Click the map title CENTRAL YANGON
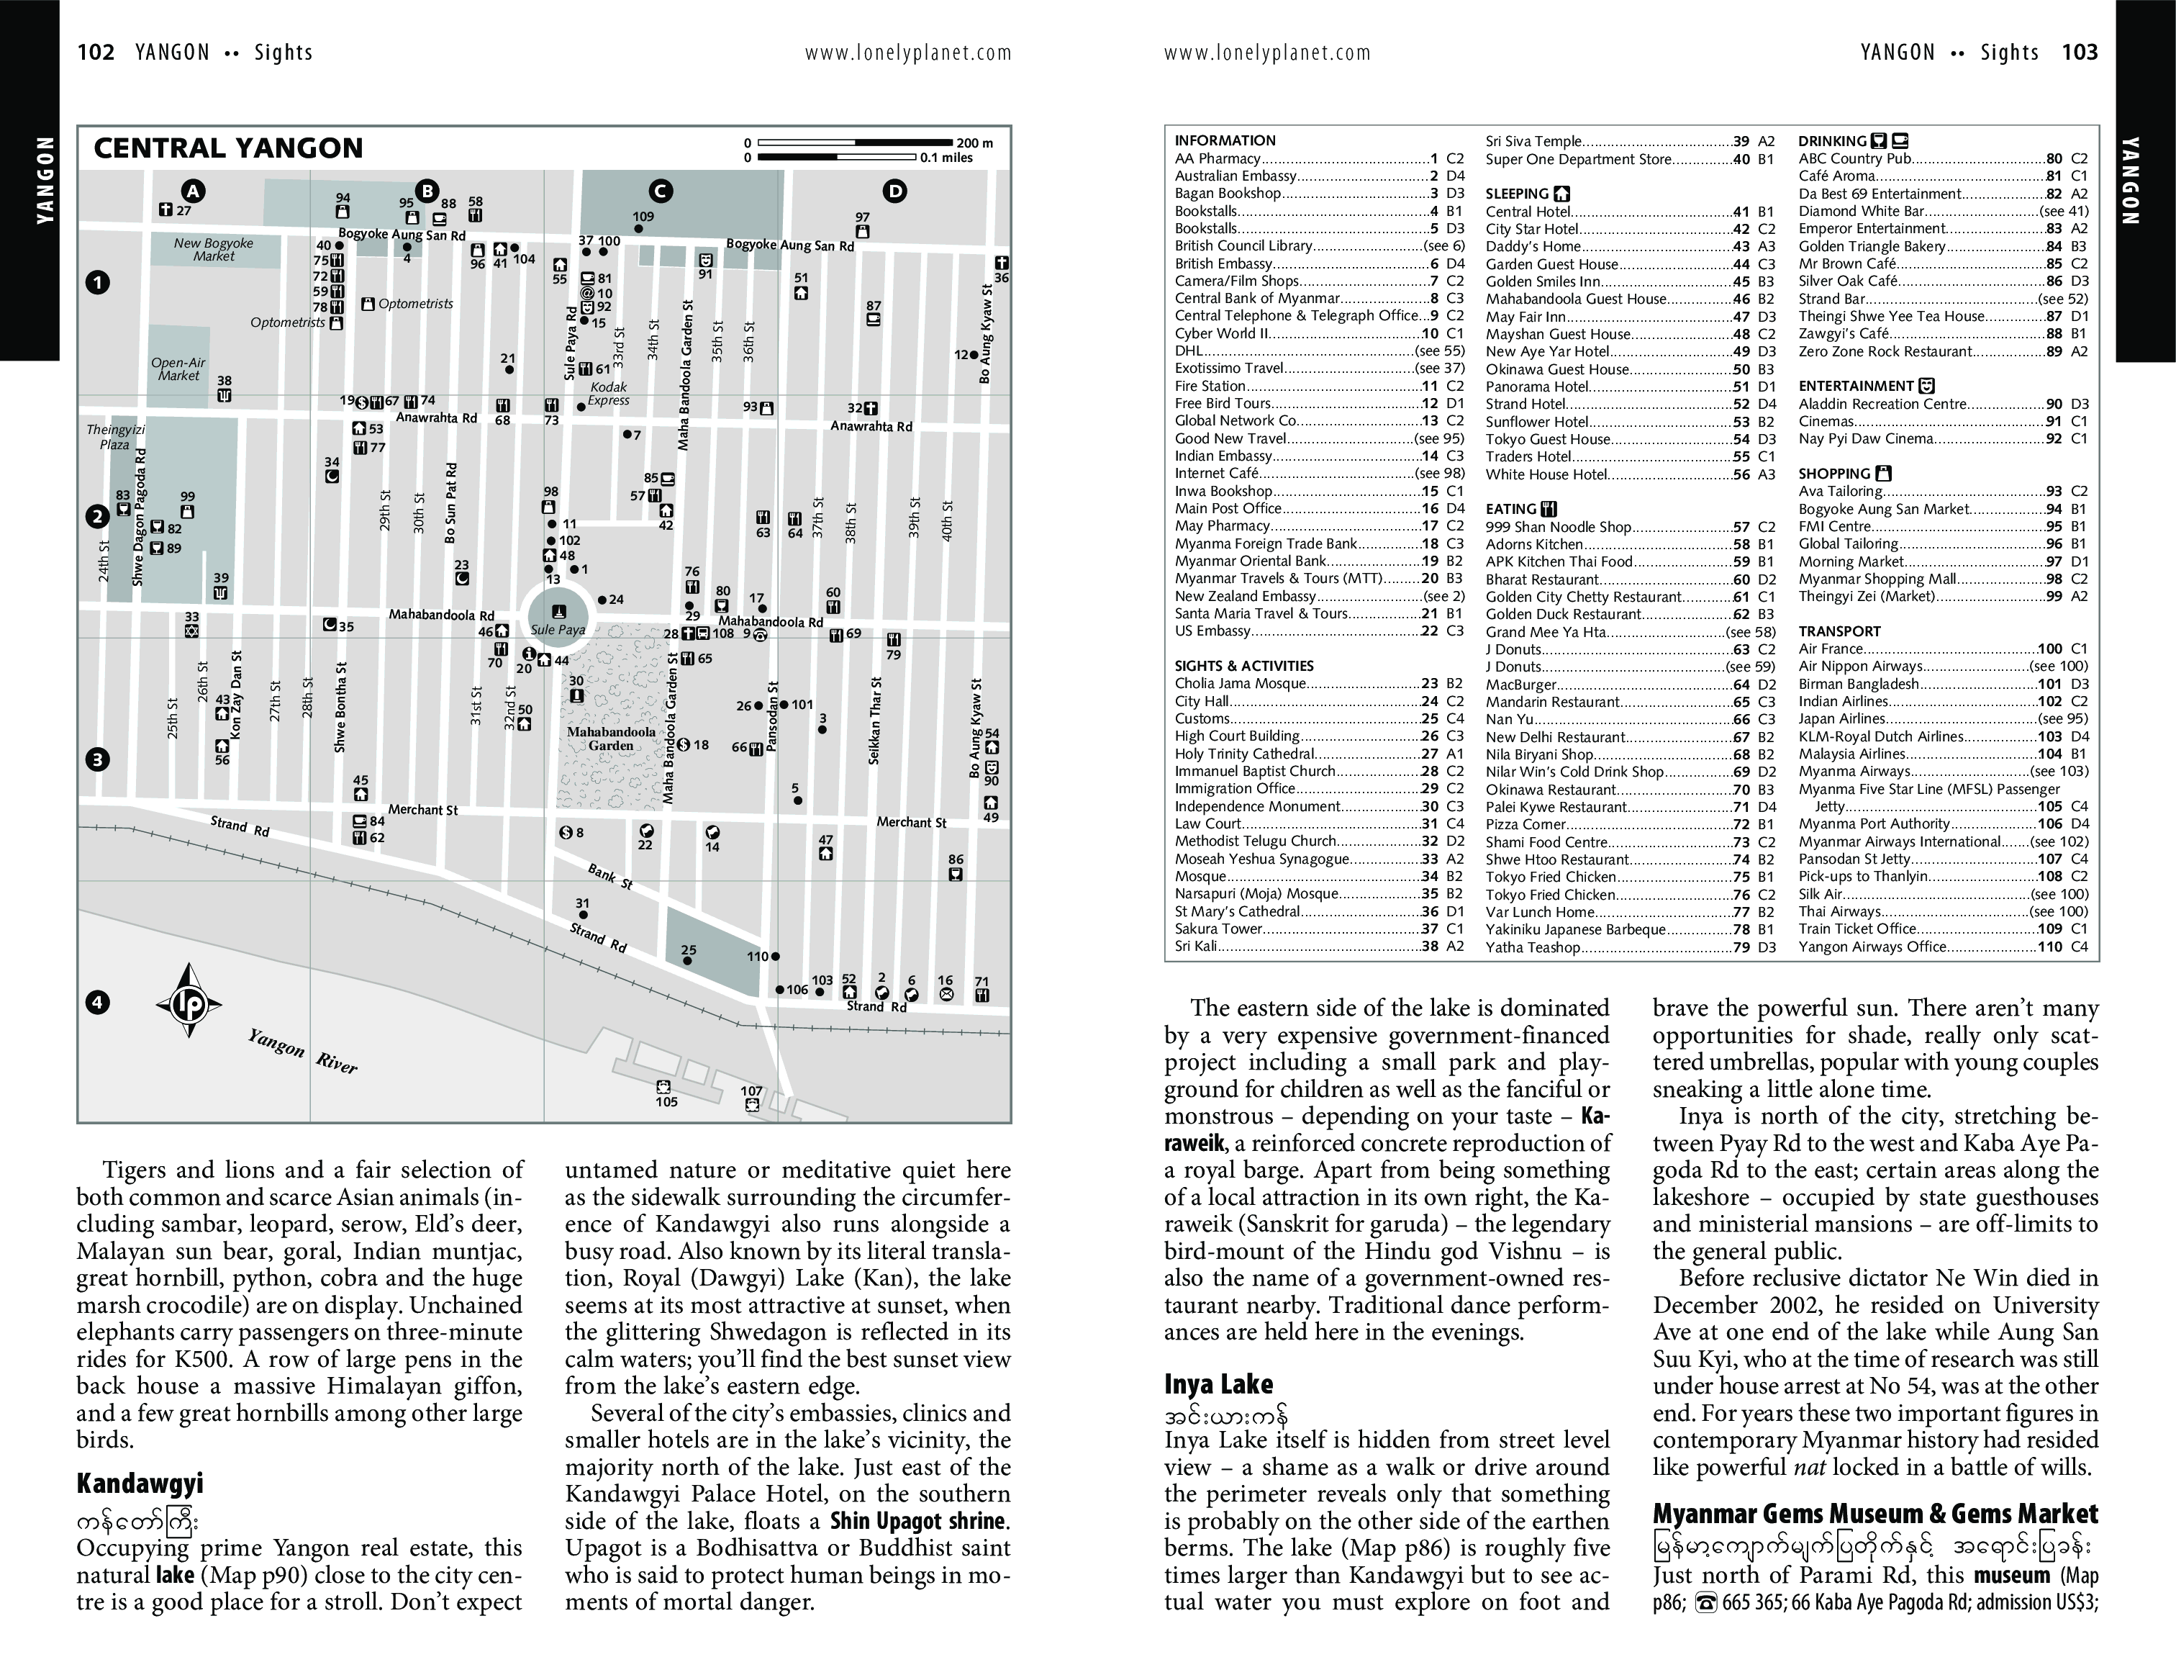[228, 148]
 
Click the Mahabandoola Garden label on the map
[611, 739]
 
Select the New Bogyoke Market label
[213, 249]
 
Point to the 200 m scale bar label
[974, 143]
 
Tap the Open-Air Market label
[178, 369]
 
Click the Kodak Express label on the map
[608, 394]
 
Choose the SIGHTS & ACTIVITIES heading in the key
[1243, 666]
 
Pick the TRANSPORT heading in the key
[1839, 631]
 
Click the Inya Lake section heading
[1218, 1384]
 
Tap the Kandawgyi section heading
[140, 1484]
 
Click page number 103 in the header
[2080, 53]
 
